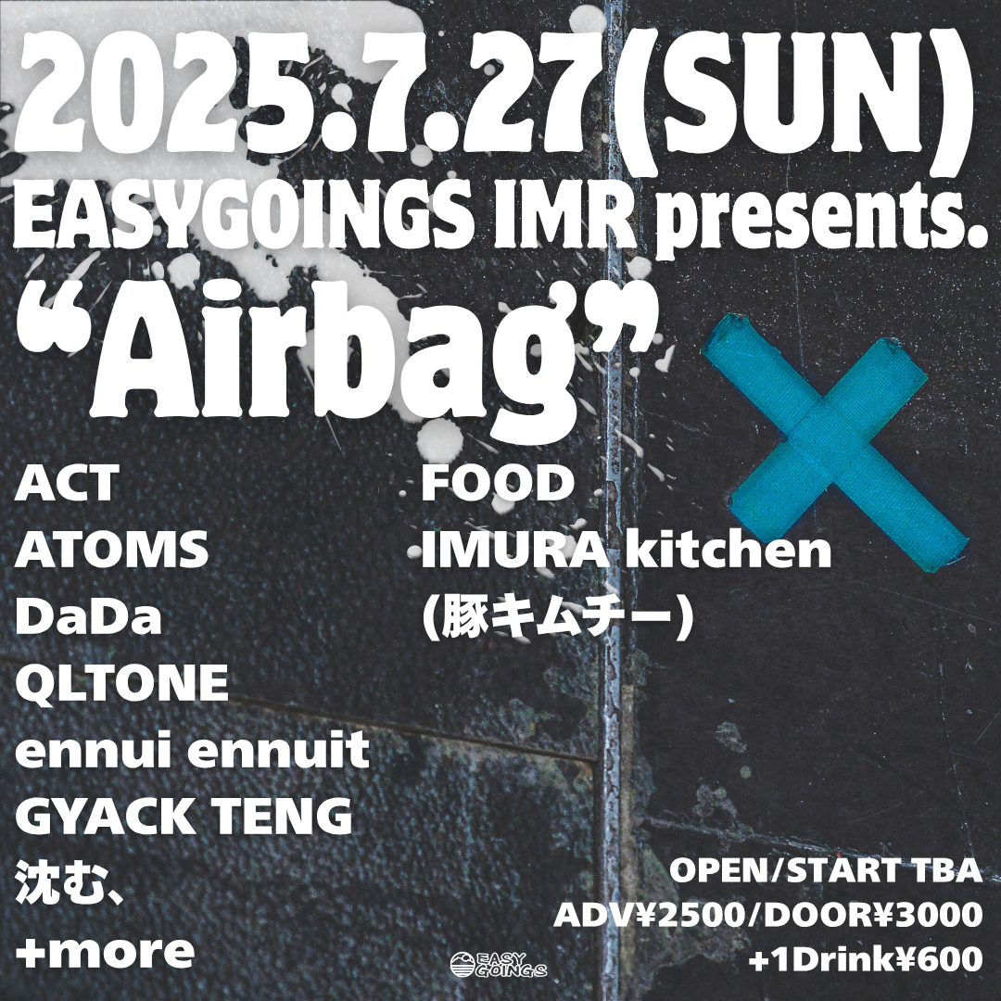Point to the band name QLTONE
pyautogui.click(x=121, y=683)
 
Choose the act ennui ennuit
pyautogui.click(x=192, y=750)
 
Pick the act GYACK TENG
pyautogui.click(x=184, y=817)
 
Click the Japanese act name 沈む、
pyautogui.click(x=70, y=883)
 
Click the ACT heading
pyautogui.click(x=67, y=483)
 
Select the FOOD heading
pyautogui.click(x=498, y=483)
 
